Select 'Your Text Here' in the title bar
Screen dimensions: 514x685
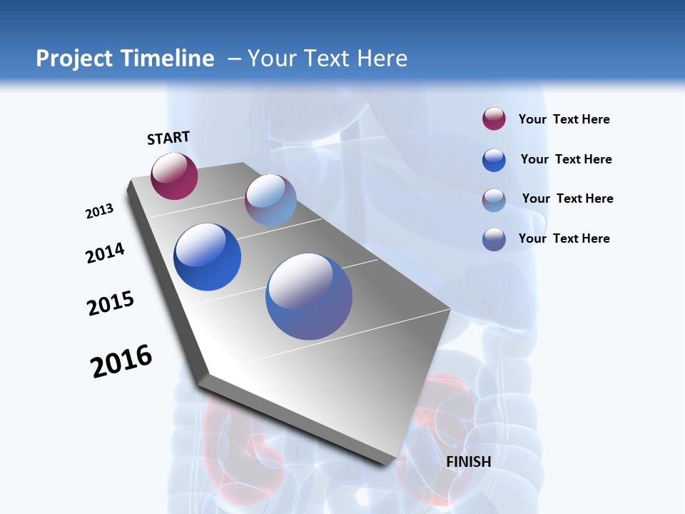coord(328,59)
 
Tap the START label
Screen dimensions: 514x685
coord(168,138)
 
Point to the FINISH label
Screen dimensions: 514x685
coord(469,462)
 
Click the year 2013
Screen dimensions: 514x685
coord(100,211)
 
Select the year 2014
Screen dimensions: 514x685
coord(106,253)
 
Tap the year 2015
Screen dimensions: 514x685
coord(111,303)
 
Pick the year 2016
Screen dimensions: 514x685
coord(121,361)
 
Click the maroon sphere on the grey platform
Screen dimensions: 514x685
coord(174,176)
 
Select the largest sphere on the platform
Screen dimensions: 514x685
coord(309,296)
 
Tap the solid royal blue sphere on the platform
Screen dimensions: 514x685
coord(208,257)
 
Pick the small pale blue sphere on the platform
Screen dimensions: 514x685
coord(270,200)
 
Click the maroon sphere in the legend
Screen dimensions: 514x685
coord(494,119)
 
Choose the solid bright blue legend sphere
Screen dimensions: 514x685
coord(494,160)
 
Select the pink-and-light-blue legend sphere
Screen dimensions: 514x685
coord(494,200)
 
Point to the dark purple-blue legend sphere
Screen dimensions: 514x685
coord(494,239)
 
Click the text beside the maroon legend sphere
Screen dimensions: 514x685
coord(564,119)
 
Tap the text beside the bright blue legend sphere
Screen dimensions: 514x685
coord(566,159)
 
